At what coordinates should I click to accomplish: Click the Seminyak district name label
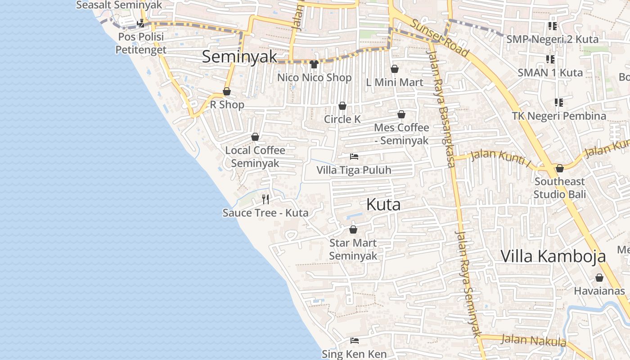tap(239, 57)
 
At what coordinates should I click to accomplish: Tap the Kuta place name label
tap(383, 205)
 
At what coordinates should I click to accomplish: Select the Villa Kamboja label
tap(553, 256)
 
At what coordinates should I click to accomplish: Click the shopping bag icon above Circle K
tap(342, 106)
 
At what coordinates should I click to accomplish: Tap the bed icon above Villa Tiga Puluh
tap(354, 157)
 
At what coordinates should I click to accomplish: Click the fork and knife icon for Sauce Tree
tap(266, 199)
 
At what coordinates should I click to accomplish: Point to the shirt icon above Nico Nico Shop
tap(314, 64)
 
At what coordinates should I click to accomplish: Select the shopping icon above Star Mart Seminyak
tap(353, 229)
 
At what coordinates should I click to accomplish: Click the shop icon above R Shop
tap(227, 92)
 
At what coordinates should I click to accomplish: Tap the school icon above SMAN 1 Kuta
tap(550, 59)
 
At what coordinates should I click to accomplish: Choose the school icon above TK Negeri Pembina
tap(559, 102)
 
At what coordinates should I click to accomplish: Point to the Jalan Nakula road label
tap(534, 340)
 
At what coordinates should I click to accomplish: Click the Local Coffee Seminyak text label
tap(255, 156)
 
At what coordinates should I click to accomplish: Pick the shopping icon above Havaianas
tap(599, 278)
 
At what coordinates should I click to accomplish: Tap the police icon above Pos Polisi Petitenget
tap(141, 23)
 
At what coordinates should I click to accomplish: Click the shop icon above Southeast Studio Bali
tap(560, 168)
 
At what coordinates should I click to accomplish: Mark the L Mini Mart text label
tap(395, 82)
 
